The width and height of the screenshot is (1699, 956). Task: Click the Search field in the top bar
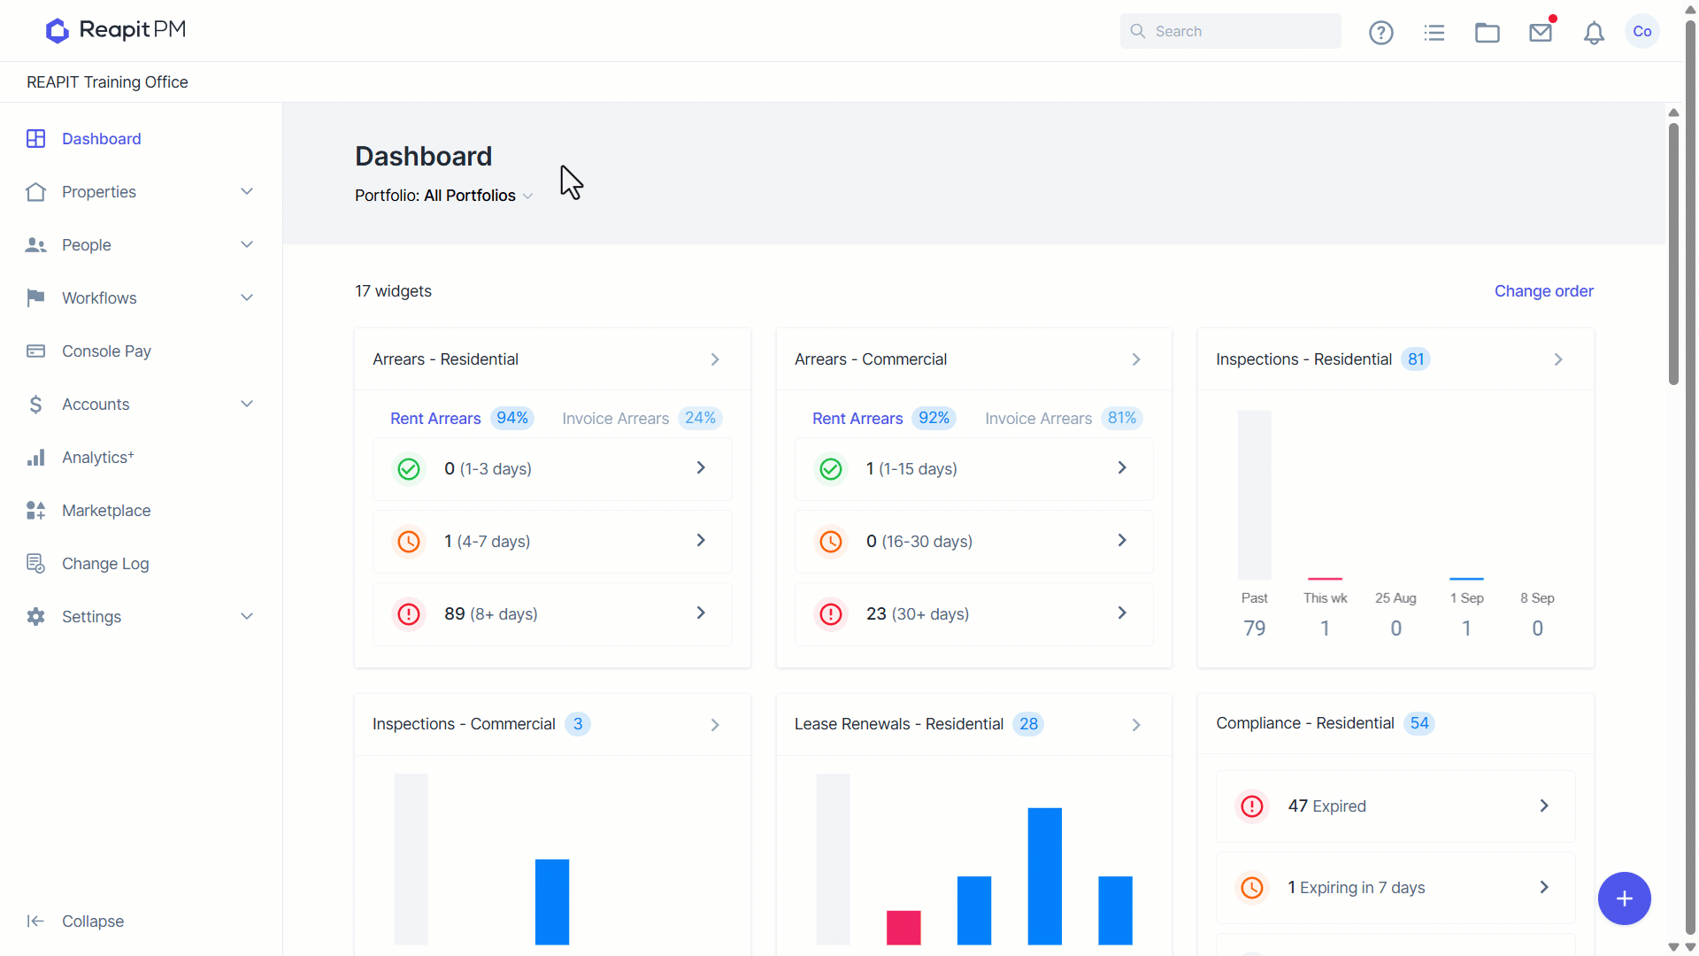tap(1230, 31)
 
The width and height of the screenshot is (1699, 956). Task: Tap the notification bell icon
tap(1594, 33)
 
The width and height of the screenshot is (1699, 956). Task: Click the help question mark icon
tap(1381, 33)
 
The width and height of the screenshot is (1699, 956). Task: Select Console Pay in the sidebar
tap(106, 351)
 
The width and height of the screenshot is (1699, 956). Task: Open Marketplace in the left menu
tap(106, 511)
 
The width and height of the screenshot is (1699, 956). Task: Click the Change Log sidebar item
tap(105, 564)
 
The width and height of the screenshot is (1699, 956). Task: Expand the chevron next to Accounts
tap(247, 405)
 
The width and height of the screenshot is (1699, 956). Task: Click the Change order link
tap(1544, 291)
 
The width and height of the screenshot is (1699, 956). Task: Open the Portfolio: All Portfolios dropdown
tap(443, 196)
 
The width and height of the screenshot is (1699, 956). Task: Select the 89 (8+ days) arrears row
tap(552, 614)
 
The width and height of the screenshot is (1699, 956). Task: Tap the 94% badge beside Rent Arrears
tap(512, 418)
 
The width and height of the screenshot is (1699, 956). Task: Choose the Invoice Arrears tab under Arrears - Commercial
tap(1039, 419)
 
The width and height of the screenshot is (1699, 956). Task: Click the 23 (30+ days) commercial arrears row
tap(974, 614)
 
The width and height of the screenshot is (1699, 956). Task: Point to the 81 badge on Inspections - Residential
tap(1417, 359)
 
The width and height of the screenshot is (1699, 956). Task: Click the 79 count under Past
tap(1255, 628)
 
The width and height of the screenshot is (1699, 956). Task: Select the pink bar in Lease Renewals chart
tap(903, 928)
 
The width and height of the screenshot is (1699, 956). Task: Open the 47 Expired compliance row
tap(1395, 806)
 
